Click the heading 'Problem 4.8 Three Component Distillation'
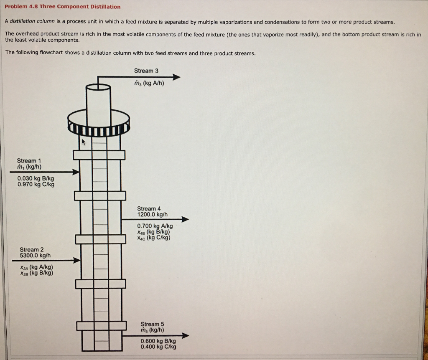point(63,7)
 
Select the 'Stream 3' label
point(146,71)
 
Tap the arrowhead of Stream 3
point(176,77)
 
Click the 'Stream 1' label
point(29,161)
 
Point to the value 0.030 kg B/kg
point(36,178)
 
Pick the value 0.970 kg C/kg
point(36,184)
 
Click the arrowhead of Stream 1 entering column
point(75,172)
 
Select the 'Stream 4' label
point(149,208)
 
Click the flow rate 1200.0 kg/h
point(152,214)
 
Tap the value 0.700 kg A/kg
point(155,226)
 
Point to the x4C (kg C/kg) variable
point(153,238)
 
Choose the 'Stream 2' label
point(31,249)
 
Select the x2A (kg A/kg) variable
point(36,267)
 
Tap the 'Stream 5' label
point(153,324)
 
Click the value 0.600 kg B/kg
point(158,341)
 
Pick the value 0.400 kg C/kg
point(158,347)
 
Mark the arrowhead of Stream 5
point(185,336)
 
